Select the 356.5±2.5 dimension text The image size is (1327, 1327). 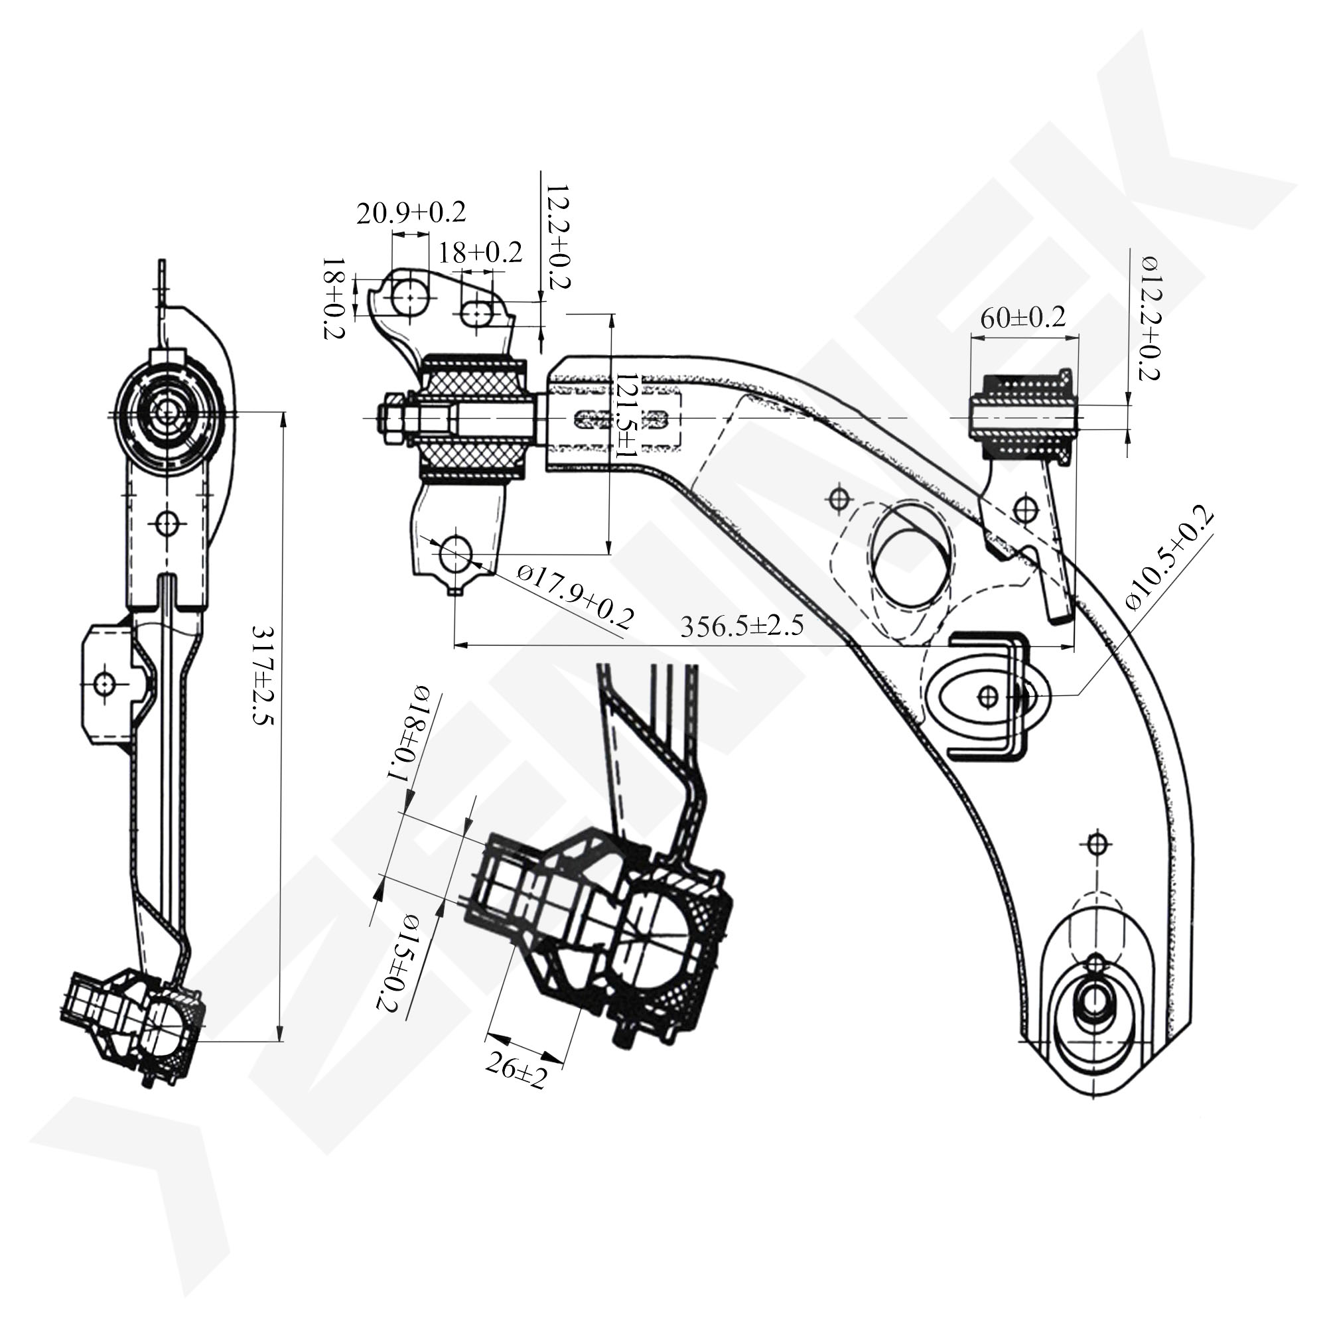point(742,626)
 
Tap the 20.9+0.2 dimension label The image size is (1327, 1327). point(411,213)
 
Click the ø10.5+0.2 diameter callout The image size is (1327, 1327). point(1169,558)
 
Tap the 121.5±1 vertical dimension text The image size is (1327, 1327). point(626,416)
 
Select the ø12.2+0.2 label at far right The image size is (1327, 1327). point(1150,317)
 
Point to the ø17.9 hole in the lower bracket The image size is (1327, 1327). point(456,555)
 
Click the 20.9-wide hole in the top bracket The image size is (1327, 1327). point(410,297)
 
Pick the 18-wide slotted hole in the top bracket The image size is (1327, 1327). point(476,314)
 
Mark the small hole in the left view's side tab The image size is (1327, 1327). point(105,684)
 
